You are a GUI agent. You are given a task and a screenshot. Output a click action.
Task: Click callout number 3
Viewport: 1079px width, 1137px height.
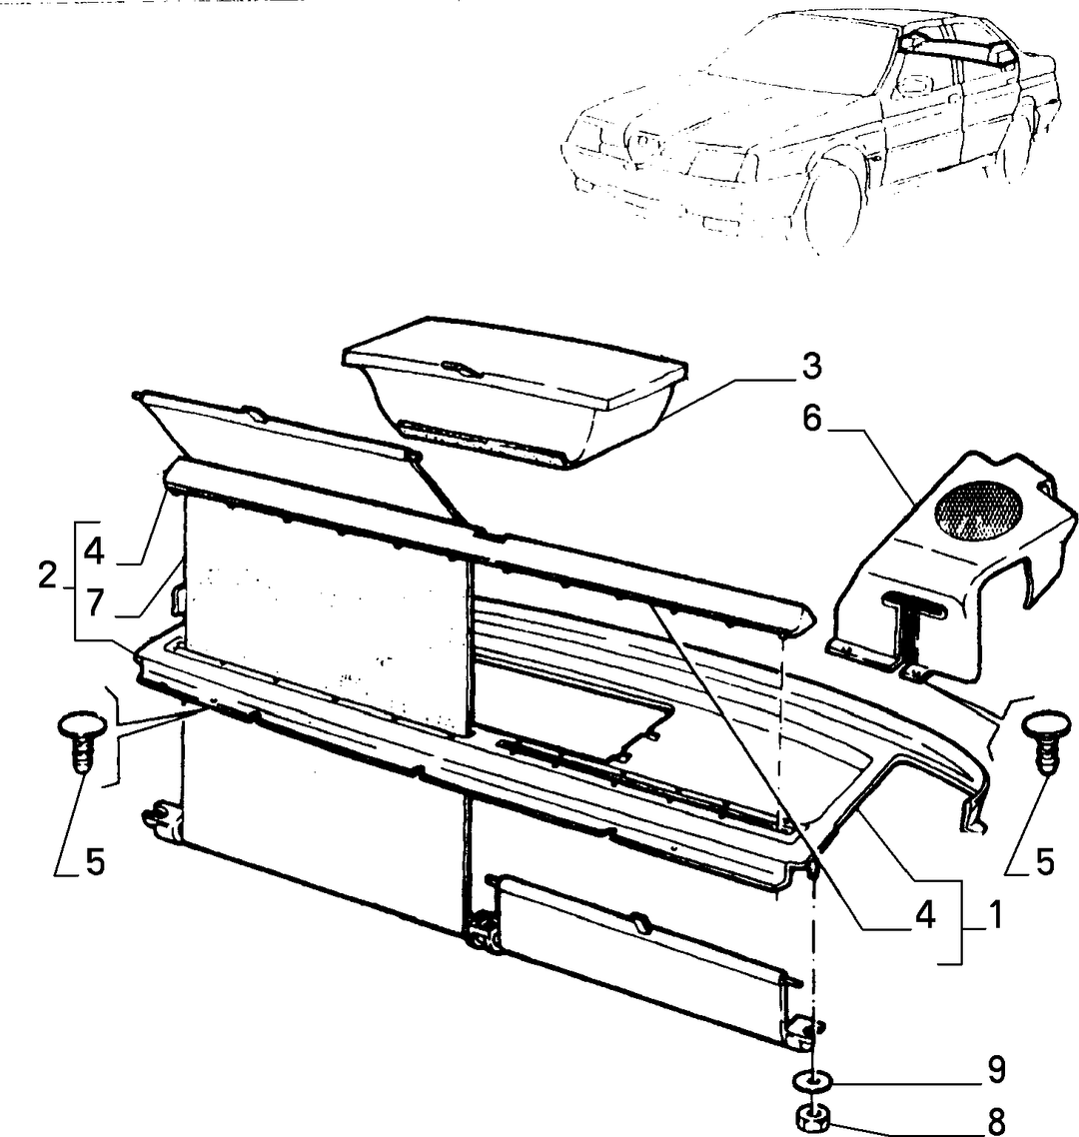pyautogui.click(x=811, y=367)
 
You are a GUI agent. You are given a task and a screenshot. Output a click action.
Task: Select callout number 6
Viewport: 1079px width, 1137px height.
pyautogui.click(x=812, y=419)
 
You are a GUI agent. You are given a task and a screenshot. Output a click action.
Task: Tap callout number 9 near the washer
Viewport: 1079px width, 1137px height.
pyautogui.click(x=997, y=1070)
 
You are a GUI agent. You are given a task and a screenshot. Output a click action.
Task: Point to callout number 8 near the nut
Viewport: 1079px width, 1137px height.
pyautogui.click(x=997, y=1121)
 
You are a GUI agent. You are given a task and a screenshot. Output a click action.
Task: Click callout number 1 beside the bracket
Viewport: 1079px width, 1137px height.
pyautogui.click(x=996, y=916)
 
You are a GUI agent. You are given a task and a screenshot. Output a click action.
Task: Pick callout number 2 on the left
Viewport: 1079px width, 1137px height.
pyautogui.click(x=48, y=576)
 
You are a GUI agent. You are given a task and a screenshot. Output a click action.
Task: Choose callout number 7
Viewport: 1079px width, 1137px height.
pyautogui.click(x=95, y=602)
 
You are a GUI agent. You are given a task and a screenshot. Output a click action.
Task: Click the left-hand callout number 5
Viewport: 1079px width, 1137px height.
pyautogui.click(x=95, y=863)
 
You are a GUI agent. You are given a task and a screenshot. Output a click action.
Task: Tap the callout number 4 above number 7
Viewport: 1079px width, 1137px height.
pyautogui.click(x=94, y=552)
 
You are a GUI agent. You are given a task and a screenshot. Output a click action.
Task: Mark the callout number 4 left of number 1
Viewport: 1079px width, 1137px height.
pyautogui.click(x=925, y=916)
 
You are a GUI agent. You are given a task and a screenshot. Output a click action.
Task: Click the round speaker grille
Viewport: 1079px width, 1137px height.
pyautogui.click(x=977, y=512)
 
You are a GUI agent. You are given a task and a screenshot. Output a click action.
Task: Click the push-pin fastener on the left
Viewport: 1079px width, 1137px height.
pyautogui.click(x=82, y=741)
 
